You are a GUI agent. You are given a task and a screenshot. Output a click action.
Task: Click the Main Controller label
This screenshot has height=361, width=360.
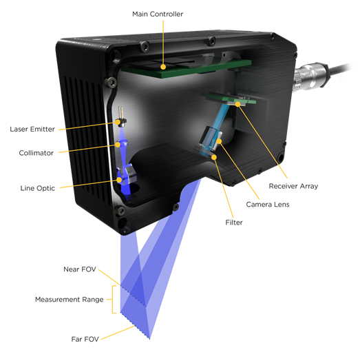(x=158, y=14)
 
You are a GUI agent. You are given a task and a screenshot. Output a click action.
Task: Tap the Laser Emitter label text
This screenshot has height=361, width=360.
(x=32, y=129)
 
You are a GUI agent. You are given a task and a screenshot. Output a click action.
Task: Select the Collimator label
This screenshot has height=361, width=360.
(x=36, y=153)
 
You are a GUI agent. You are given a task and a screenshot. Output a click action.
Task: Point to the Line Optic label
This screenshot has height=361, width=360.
(x=37, y=188)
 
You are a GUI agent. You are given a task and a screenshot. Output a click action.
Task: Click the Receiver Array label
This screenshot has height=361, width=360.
(x=293, y=186)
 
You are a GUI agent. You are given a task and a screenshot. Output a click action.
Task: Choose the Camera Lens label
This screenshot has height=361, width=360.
(x=268, y=205)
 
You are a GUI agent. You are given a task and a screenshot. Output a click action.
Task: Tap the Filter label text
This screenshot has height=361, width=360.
(x=234, y=223)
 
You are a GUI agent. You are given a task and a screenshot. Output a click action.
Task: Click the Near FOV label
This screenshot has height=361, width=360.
(x=80, y=269)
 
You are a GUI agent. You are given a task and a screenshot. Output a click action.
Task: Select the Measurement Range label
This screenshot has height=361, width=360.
(x=70, y=300)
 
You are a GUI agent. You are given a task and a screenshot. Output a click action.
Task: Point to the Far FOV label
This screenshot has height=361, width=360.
(x=85, y=339)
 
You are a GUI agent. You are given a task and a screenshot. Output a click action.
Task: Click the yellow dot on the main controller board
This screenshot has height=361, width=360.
(x=163, y=67)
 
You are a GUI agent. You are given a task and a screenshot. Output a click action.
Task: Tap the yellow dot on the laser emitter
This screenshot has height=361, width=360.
(x=118, y=122)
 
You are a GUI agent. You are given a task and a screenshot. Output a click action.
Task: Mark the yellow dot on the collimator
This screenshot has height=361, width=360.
(x=118, y=145)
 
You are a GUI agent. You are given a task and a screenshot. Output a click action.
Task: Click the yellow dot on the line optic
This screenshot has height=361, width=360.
(x=119, y=180)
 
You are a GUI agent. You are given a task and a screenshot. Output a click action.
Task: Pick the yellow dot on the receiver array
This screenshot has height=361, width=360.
(x=237, y=104)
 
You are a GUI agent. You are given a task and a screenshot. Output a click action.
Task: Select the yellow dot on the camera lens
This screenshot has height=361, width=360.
(x=219, y=141)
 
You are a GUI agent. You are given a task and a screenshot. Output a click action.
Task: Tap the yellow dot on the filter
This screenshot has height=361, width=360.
(x=214, y=157)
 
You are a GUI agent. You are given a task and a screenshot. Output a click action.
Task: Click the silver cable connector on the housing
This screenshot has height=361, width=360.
(x=310, y=76)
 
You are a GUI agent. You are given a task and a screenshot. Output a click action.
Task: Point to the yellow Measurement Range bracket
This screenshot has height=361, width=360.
(x=114, y=300)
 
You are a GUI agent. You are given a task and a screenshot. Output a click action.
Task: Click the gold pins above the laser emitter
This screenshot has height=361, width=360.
(x=120, y=112)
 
